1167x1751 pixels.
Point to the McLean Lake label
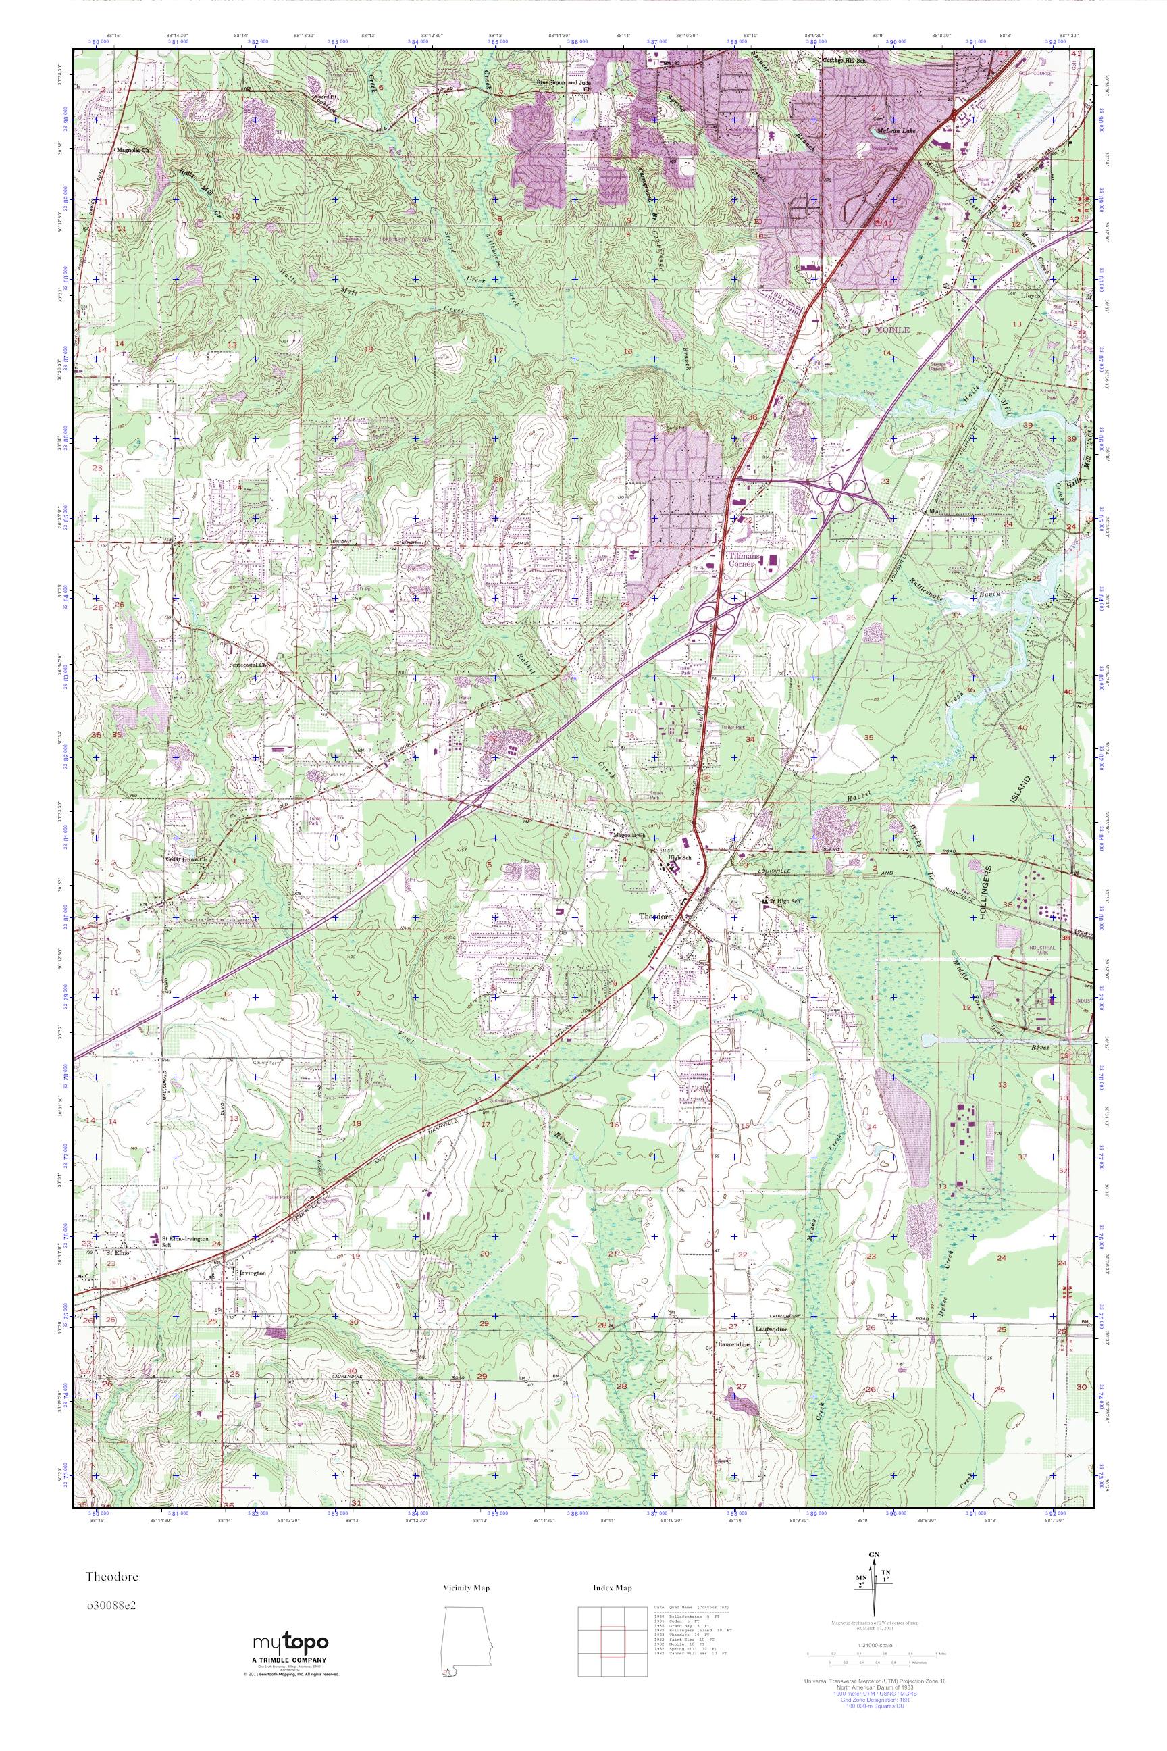(x=894, y=128)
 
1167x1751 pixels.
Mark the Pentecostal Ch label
(x=247, y=665)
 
